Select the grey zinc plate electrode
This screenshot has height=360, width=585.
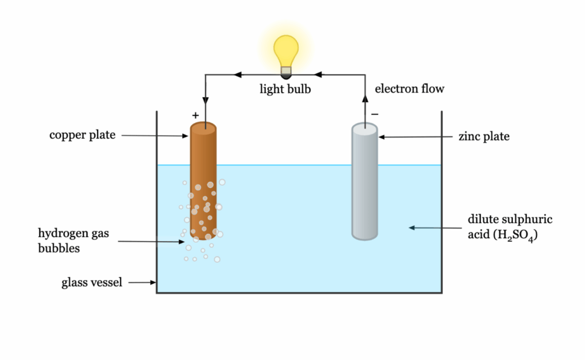[x=364, y=183]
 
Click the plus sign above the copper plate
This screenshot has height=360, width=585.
[x=195, y=115]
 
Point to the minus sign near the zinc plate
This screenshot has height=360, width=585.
[x=375, y=114]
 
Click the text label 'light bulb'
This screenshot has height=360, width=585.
[x=285, y=89]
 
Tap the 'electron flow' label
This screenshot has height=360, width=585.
[x=409, y=89]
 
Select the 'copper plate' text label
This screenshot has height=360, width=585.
[x=82, y=135]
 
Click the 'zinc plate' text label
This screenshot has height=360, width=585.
[x=484, y=137]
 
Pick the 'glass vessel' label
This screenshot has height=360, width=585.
[x=92, y=282]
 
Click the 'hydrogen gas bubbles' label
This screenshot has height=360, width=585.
[x=73, y=241]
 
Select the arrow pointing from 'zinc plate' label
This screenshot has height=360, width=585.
[x=417, y=137]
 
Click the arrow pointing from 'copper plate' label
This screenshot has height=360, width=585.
[x=154, y=135]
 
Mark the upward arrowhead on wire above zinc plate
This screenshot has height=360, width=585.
[x=365, y=98]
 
